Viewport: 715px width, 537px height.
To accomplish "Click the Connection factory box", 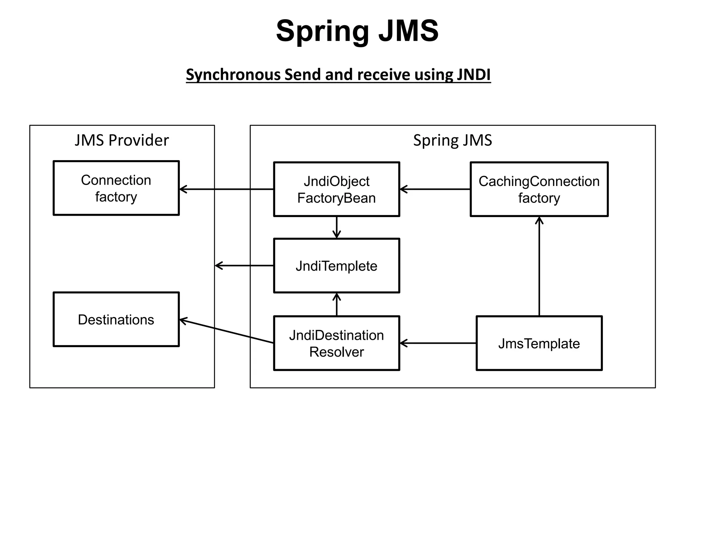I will tap(116, 188).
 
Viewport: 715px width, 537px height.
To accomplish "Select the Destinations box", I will tap(116, 319).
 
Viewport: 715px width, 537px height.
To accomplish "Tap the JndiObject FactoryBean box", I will tap(336, 189).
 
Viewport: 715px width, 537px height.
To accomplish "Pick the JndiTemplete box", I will tap(336, 266).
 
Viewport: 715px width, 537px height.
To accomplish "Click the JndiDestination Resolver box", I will tap(336, 343).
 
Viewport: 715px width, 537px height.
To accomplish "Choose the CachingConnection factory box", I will tap(539, 189).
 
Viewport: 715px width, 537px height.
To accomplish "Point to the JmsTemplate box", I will tap(539, 343).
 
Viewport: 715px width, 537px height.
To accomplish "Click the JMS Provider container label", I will tap(121, 140).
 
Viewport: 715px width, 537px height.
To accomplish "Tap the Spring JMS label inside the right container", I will tap(452, 140).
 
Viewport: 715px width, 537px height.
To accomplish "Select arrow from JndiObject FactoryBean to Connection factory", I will tap(226, 189).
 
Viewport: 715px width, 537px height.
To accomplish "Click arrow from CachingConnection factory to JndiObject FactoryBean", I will tap(435, 189).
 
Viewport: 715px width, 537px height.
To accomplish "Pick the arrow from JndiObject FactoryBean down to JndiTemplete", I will tap(337, 227).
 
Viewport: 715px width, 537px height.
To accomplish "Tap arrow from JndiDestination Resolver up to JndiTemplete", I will tap(337, 304).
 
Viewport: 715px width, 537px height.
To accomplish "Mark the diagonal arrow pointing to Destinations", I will tap(226, 331).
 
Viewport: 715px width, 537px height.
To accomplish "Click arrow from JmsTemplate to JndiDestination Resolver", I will tap(438, 343).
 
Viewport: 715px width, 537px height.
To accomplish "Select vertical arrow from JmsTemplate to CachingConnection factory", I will tap(539, 266).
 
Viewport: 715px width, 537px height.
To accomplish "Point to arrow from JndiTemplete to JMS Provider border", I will tap(244, 266).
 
